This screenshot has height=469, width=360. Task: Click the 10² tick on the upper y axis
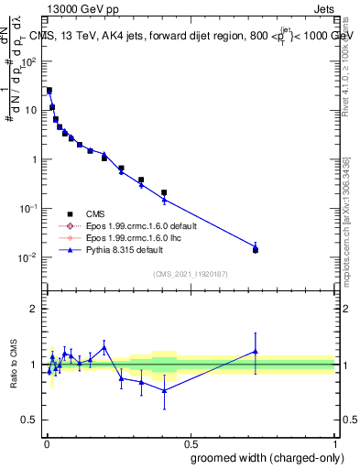click(x=29, y=61)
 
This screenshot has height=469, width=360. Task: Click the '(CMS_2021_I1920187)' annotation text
click(x=190, y=273)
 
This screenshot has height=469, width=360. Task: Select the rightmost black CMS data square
click(x=256, y=250)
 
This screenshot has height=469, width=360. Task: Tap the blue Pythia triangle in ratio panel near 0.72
click(x=256, y=351)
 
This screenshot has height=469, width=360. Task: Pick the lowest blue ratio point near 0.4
click(x=164, y=390)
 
